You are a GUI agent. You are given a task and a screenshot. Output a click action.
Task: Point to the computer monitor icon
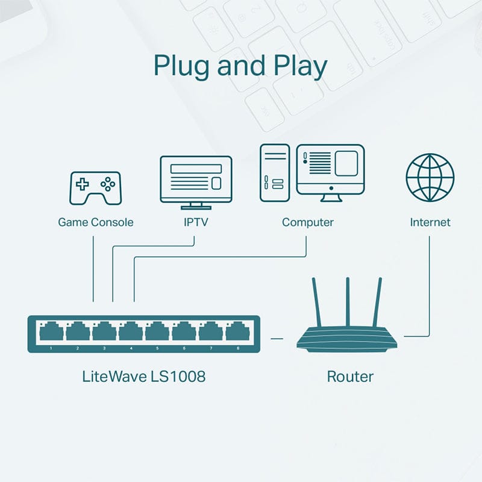[330, 172]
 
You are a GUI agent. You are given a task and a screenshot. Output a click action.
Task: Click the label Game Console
[95, 222]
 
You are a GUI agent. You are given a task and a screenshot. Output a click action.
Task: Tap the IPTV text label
[196, 222]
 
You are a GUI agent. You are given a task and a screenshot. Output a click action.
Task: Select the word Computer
[307, 222]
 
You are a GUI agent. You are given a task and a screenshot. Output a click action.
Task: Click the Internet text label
[430, 222]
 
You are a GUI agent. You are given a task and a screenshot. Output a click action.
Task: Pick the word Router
[350, 377]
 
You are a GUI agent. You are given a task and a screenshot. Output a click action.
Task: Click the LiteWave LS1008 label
[143, 377]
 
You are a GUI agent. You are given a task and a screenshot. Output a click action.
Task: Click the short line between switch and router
[277, 339]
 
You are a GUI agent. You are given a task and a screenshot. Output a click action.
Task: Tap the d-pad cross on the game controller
[82, 183]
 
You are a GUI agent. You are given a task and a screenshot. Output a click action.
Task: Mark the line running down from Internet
[430, 283]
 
